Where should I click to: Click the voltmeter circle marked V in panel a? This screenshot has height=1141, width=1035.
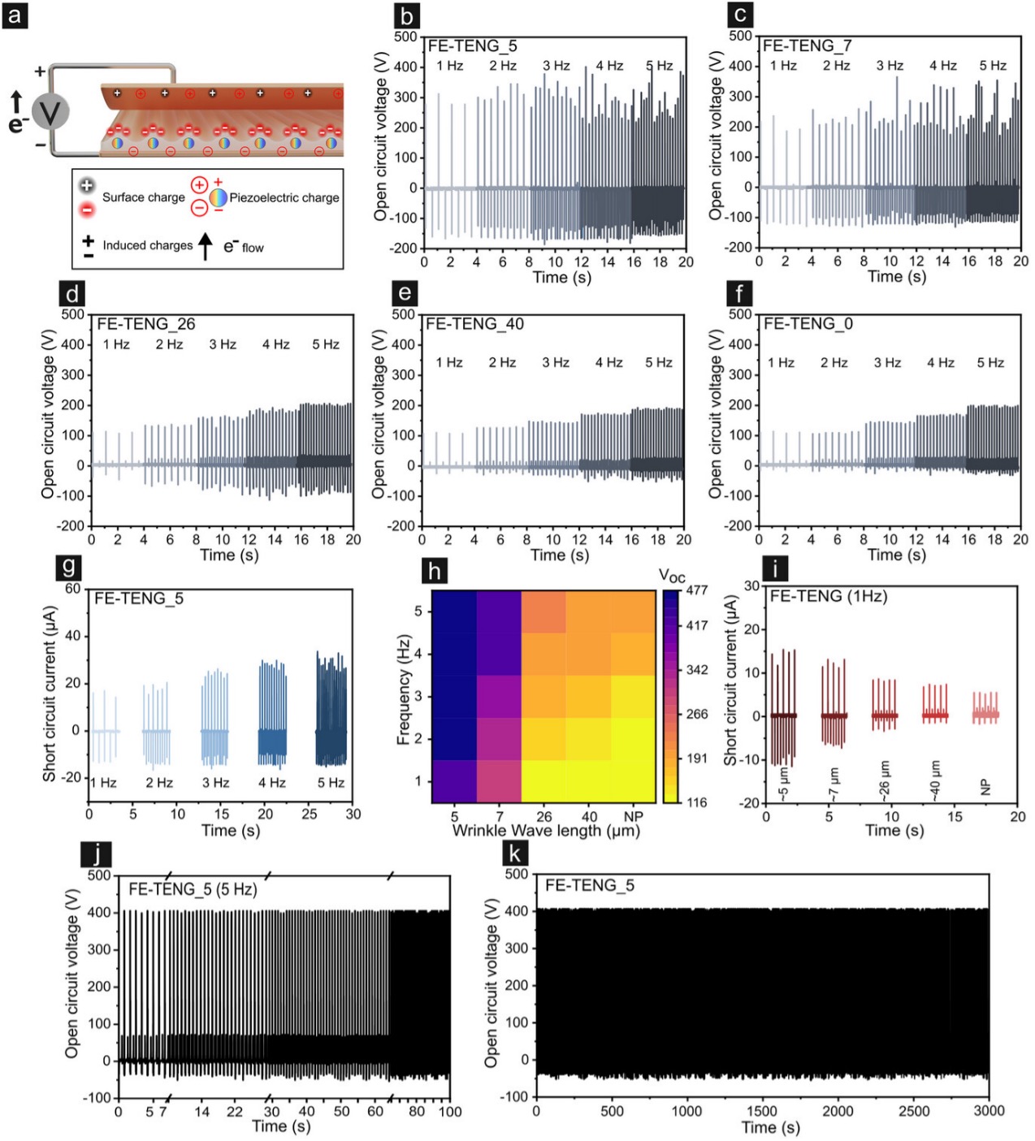point(50,112)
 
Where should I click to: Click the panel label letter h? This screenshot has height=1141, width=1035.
point(435,571)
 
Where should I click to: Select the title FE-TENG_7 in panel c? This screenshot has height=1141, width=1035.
point(807,46)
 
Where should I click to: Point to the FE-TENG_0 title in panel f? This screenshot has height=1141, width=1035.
point(808,324)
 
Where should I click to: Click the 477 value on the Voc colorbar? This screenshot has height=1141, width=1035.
point(696,590)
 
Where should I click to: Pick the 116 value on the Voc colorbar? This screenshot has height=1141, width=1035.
point(696,802)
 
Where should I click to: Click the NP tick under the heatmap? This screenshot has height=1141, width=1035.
point(633,816)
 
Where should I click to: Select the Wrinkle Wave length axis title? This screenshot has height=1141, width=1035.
point(546,831)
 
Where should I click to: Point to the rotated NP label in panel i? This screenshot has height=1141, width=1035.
point(985,786)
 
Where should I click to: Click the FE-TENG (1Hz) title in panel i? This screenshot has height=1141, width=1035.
point(829,596)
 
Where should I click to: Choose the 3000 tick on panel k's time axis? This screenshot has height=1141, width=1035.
point(989,1111)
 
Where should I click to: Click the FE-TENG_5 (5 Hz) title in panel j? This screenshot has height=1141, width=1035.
point(193,889)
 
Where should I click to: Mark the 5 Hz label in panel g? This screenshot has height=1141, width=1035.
point(331,783)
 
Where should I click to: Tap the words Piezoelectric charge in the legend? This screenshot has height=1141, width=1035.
point(284,197)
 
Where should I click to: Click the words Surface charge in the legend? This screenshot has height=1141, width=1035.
point(143,197)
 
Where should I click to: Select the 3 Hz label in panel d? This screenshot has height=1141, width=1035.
point(223,344)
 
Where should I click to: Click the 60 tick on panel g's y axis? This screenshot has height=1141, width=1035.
point(72,589)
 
